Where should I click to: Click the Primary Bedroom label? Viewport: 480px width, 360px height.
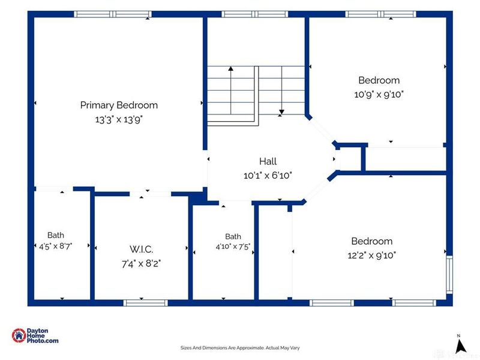pyautogui.click(x=119, y=106)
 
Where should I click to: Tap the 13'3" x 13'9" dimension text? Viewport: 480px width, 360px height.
pyautogui.click(x=119, y=119)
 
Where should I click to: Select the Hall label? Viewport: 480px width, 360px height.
pyautogui.click(x=268, y=161)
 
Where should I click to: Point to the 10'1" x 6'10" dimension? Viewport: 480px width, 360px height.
pyautogui.click(x=268, y=176)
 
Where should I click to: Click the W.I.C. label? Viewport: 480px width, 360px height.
pyautogui.click(x=141, y=249)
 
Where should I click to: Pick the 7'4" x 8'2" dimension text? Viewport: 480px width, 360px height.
pyautogui.click(x=141, y=263)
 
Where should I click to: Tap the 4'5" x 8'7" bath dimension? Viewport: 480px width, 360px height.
pyautogui.click(x=55, y=246)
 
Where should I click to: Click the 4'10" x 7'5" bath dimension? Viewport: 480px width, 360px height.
pyautogui.click(x=233, y=247)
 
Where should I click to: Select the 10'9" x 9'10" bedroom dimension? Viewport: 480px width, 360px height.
pyautogui.click(x=379, y=94)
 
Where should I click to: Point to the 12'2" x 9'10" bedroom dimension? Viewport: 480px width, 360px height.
pyautogui.click(x=371, y=256)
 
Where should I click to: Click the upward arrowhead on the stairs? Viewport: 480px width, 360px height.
pyautogui.click(x=231, y=68)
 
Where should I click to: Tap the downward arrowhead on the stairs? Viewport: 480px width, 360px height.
pyautogui.click(x=281, y=112)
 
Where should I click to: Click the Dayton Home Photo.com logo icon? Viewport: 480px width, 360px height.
pyautogui.click(x=19, y=335)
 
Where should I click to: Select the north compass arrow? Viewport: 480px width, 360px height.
pyautogui.click(x=460, y=346)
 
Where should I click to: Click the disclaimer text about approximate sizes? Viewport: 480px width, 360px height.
pyautogui.click(x=240, y=348)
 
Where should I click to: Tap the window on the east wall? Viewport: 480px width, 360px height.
pyautogui.click(x=449, y=275)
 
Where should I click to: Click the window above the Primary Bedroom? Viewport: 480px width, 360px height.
pyautogui.click(x=113, y=14)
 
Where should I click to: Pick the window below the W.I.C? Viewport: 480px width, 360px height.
pyautogui.click(x=145, y=303)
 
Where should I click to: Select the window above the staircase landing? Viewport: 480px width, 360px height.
pyautogui.click(x=254, y=14)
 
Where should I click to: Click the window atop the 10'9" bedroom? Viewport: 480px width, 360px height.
pyautogui.click(x=381, y=14)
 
